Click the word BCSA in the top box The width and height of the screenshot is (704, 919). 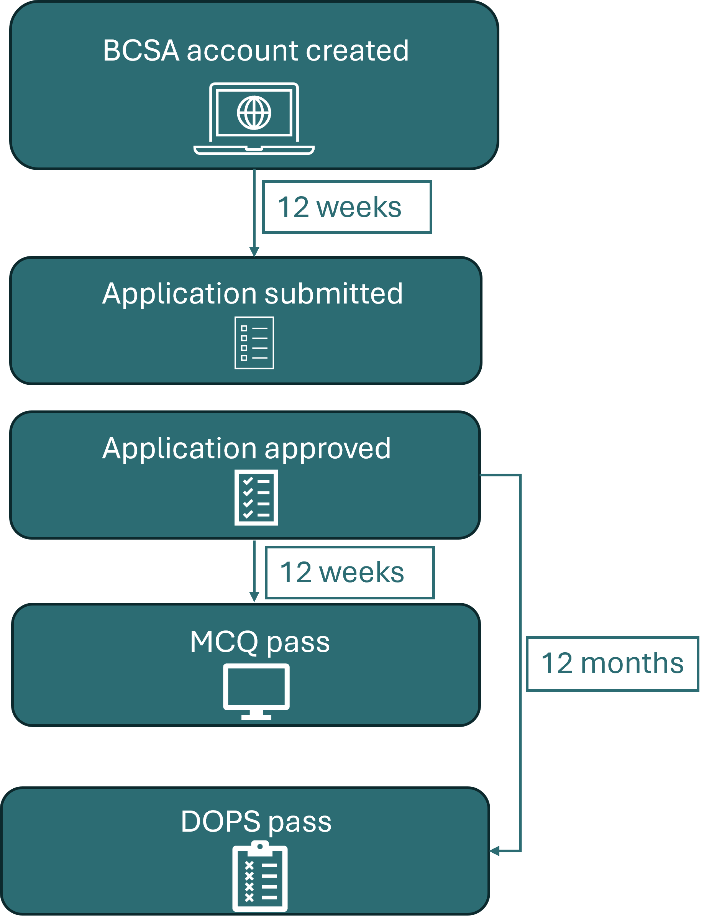point(141,51)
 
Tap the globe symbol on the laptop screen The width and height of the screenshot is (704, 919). point(254,113)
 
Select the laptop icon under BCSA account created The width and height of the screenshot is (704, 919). point(254,118)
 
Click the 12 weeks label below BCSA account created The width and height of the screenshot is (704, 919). point(346,207)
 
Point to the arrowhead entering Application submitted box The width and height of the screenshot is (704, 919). point(254,251)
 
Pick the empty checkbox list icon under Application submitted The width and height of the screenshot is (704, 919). point(254,343)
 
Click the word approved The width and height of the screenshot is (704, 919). point(327,449)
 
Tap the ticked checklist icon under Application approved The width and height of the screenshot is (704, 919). point(256,497)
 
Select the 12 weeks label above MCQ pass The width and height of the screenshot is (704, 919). point(350,573)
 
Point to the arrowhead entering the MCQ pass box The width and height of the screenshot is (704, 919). point(254,597)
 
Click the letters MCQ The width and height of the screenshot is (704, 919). point(224,642)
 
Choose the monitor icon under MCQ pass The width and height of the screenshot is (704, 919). point(256,691)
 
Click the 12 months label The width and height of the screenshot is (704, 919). point(612,663)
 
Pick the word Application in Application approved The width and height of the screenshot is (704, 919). point(179,449)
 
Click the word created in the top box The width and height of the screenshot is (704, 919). point(357,51)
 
